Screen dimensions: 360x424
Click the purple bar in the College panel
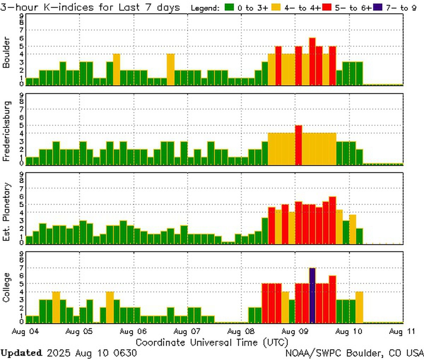pyautogui.click(x=312, y=296)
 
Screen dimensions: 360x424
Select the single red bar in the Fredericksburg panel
pyautogui.click(x=299, y=145)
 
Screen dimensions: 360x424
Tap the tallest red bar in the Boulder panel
pyautogui.click(x=312, y=61)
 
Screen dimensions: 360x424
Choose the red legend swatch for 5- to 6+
pyautogui.click(x=326, y=7)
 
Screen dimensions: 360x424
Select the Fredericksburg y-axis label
pyautogui.click(x=6, y=131)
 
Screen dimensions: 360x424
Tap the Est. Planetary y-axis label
pyautogui.click(x=6, y=212)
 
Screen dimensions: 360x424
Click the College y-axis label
pyautogui.click(x=6, y=287)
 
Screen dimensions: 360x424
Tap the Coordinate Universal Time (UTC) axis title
pyautogui.click(x=212, y=342)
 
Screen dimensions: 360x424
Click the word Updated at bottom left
pyautogui.click(x=21, y=353)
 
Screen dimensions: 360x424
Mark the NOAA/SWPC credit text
pyautogui.click(x=354, y=353)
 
